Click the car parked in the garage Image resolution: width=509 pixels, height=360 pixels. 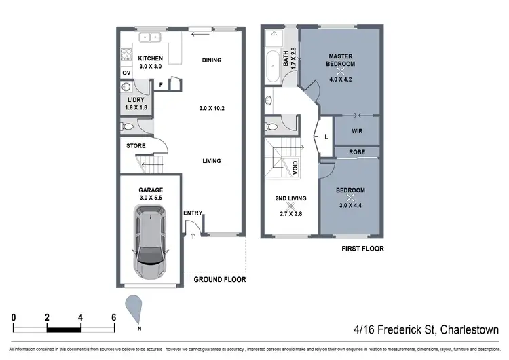tap(151, 244)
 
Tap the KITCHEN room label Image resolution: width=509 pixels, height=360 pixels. tap(151, 58)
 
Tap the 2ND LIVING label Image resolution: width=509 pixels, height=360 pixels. tap(290, 198)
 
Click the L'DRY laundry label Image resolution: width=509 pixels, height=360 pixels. tap(136, 99)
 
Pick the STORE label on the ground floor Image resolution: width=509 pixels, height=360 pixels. tap(136, 146)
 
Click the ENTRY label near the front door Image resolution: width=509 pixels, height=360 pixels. tap(193, 213)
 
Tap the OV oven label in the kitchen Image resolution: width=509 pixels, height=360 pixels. tap(126, 73)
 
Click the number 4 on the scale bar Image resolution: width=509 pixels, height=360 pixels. tap(80, 317)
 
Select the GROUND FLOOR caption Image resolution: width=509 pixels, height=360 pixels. tap(219, 279)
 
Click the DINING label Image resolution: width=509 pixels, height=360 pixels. tap(212, 60)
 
